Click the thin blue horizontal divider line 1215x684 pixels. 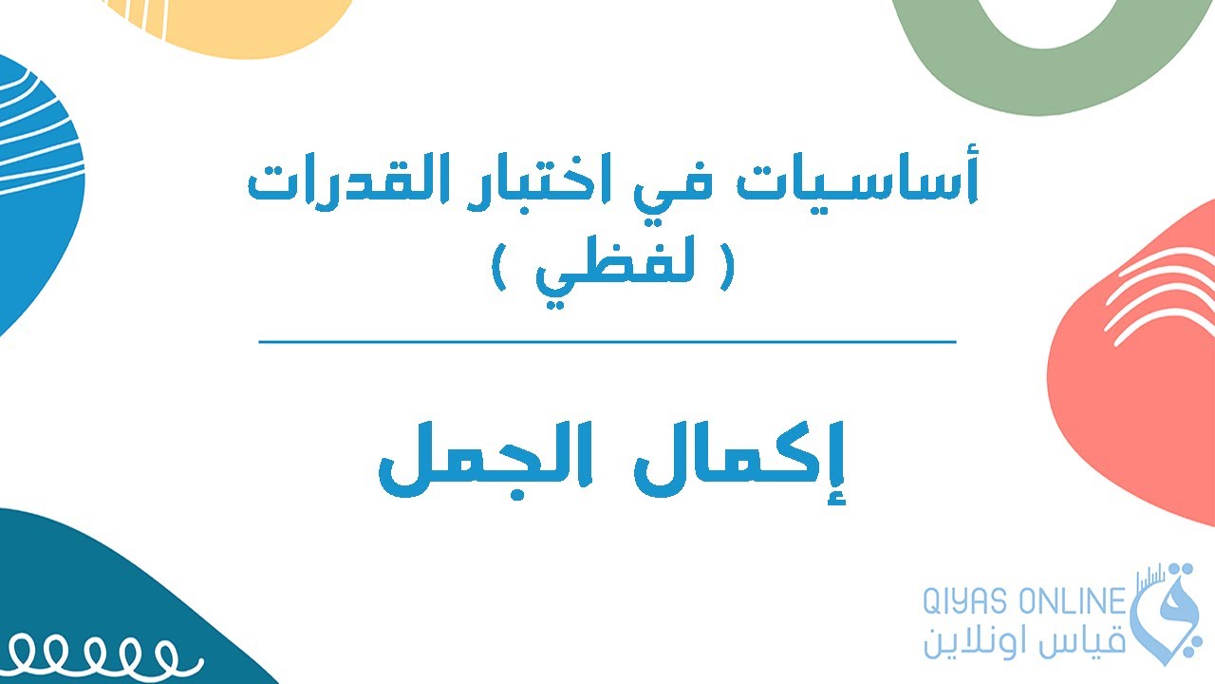(x=607, y=341)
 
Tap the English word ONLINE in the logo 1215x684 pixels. (x=1069, y=602)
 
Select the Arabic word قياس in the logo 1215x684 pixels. (x=1082, y=640)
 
